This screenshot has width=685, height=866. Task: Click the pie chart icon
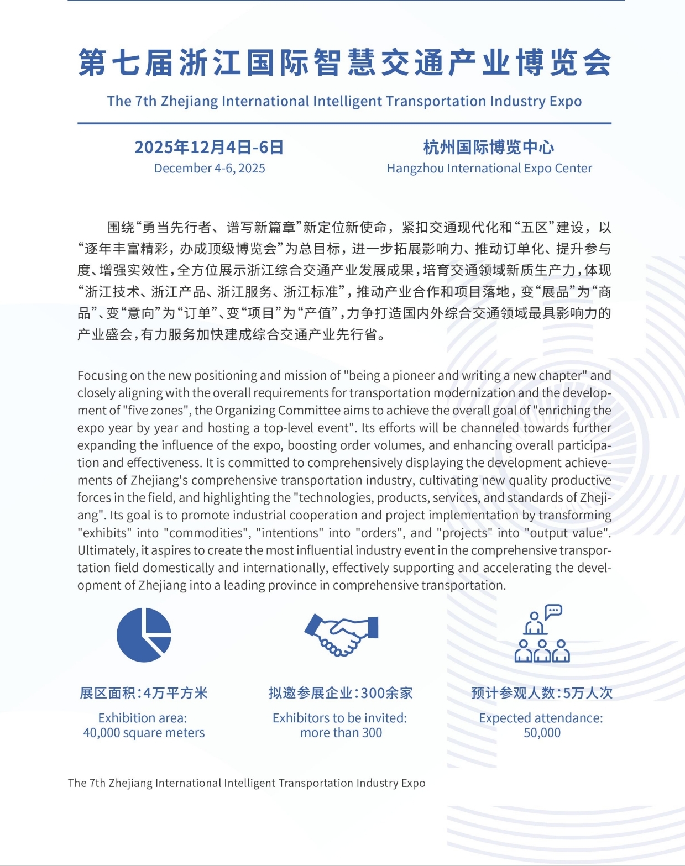point(144,634)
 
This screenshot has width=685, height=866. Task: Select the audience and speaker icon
point(542,634)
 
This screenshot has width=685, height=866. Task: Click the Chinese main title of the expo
point(344,62)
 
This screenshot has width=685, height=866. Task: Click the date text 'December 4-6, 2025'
point(210,169)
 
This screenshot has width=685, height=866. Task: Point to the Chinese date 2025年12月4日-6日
point(209,148)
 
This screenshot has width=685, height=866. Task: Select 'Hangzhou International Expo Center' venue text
point(489,169)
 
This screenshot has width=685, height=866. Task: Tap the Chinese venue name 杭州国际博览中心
point(489,148)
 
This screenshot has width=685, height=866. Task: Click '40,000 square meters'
point(144,733)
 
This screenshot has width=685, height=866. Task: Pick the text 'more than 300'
point(341,733)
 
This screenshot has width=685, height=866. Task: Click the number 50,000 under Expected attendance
point(542,733)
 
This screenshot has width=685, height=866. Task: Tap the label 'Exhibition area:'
point(143,718)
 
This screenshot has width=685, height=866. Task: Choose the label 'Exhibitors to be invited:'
point(339,718)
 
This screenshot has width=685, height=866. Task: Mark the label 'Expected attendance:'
point(541,718)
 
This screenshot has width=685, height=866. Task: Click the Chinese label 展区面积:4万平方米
point(144,693)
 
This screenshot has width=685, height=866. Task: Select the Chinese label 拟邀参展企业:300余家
point(341,693)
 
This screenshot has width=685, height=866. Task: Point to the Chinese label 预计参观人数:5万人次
point(542,693)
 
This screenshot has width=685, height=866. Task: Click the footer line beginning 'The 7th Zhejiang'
point(247,783)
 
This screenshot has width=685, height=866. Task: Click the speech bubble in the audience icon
point(553,611)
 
